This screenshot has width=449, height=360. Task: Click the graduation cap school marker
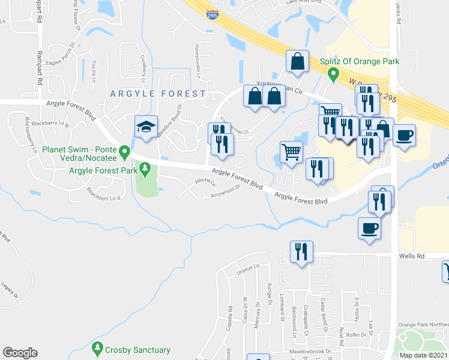click(146, 127)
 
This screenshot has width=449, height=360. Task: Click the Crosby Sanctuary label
click(137, 350)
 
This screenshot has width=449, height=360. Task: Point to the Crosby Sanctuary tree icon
click(98, 348)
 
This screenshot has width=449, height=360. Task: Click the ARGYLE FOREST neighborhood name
click(158, 94)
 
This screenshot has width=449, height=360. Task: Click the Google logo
click(20, 352)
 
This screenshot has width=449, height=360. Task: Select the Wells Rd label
click(411, 256)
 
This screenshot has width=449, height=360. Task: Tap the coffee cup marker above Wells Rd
click(369, 227)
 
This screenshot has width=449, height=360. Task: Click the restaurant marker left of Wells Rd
click(301, 251)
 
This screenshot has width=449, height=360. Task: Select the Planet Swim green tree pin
click(124, 151)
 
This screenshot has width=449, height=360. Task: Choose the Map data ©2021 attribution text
click(423, 355)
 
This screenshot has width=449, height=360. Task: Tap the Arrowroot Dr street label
click(226, 188)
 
